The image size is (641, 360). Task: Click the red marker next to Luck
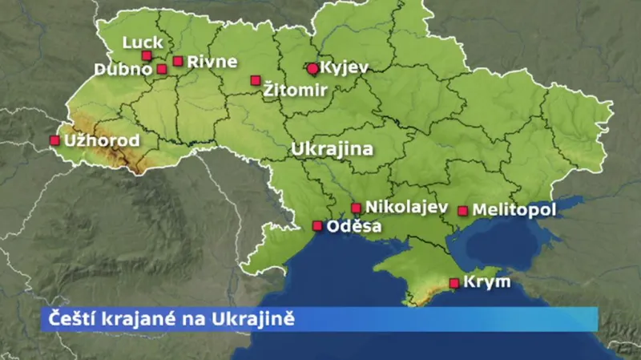[x=147, y=55]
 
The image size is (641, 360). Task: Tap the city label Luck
[x=143, y=42]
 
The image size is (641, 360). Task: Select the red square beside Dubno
[x=162, y=69]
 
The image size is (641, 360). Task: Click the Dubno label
[x=123, y=69]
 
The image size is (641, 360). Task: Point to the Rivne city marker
[x=178, y=61]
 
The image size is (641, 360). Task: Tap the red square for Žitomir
[x=256, y=80]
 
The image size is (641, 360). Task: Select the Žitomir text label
[x=295, y=91]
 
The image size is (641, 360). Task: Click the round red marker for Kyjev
[x=312, y=68]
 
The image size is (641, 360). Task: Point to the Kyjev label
[x=345, y=68]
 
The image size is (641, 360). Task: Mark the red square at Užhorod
[x=54, y=140]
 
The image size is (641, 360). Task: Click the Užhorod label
[x=101, y=141]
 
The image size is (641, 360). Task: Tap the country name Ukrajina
[x=333, y=149]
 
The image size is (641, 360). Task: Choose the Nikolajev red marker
[x=356, y=208]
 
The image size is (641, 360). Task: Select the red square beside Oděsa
[x=317, y=226]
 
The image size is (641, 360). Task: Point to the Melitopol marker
[x=462, y=211]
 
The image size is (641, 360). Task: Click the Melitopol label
[x=514, y=210]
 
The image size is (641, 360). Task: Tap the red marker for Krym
[x=454, y=282]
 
